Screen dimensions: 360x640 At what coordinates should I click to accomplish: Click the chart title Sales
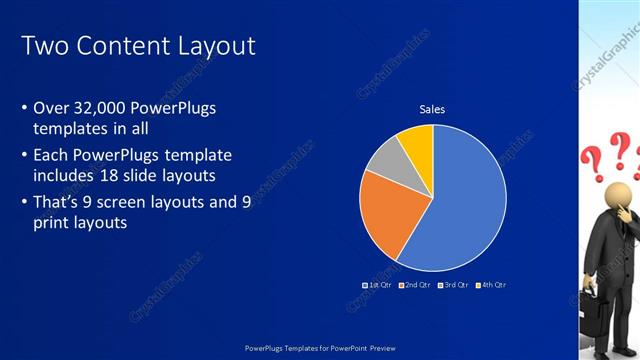[432, 109]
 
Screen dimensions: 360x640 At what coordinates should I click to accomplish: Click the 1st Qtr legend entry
[377, 285]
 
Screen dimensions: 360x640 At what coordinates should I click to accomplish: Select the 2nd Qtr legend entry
[415, 285]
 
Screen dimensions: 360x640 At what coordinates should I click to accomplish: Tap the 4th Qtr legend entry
[491, 285]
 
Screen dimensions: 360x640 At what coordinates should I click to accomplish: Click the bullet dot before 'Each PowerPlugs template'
[24, 156]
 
